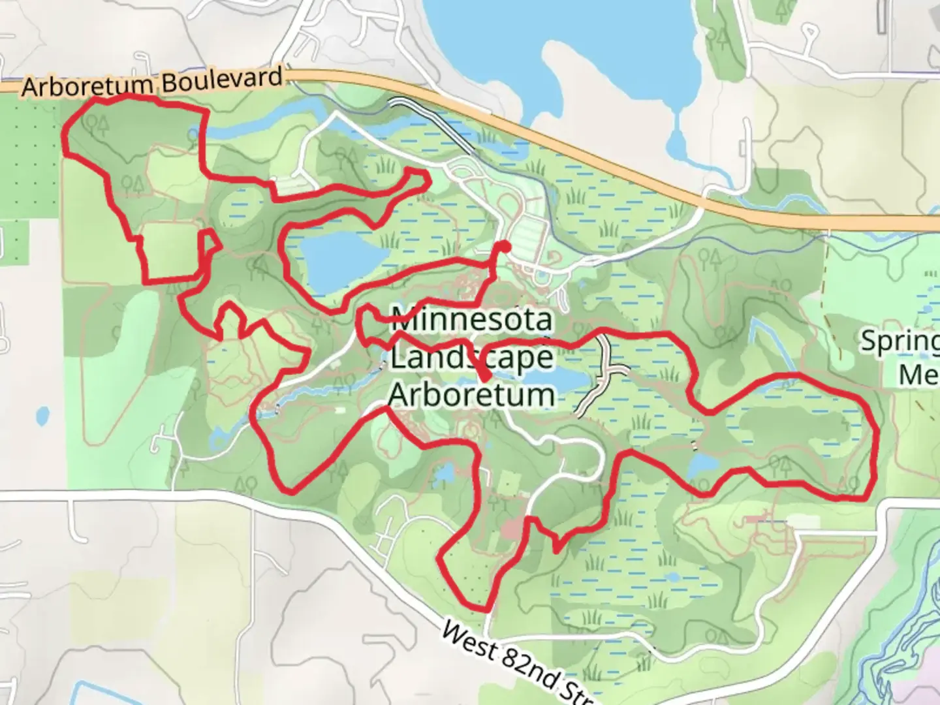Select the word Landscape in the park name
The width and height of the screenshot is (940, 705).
click(471, 358)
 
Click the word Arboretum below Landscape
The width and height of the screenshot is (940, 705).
click(471, 395)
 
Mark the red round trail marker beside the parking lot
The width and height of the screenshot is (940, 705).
click(503, 247)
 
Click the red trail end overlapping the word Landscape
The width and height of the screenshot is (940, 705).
click(486, 378)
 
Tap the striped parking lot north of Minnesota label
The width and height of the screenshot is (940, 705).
click(529, 232)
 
